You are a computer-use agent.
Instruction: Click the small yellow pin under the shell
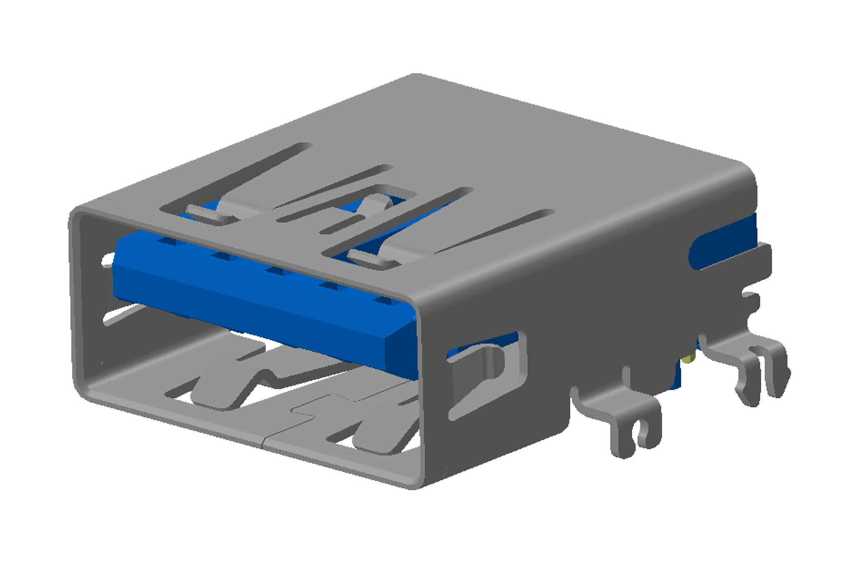click(x=690, y=358)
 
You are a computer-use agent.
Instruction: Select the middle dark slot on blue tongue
click(x=277, y=271)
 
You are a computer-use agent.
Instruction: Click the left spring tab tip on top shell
click(x=207, y=214)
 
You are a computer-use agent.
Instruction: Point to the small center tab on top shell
click(x=375, y=203)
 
